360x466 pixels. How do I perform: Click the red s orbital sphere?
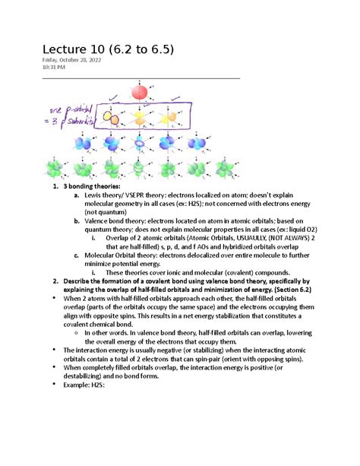[x=141, y=93]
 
